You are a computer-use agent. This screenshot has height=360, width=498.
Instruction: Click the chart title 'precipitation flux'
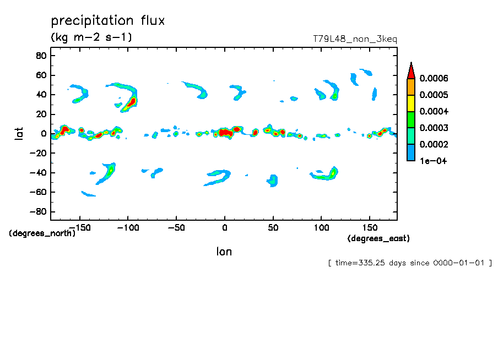(108, 21)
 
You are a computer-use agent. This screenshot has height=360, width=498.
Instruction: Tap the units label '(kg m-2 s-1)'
(91, 37)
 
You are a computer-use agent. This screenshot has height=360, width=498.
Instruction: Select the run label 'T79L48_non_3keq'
(355, 39)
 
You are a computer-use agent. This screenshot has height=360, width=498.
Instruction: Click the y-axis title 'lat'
(19, 133)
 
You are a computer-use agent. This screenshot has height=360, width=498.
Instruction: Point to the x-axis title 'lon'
(224, 252)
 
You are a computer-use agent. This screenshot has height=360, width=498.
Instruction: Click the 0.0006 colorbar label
(434, 79)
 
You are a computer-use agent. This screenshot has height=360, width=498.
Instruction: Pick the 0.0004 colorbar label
(434, 112)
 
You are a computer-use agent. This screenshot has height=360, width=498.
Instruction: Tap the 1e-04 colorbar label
(433, 161)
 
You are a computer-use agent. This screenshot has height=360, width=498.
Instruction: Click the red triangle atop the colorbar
(410, 71)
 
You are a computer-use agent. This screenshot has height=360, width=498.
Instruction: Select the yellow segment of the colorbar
(410, 103)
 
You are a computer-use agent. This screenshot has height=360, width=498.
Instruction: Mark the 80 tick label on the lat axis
(40, 56)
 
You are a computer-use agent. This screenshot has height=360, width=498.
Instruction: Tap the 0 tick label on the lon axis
(224, 227)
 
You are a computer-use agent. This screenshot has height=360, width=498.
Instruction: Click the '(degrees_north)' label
(42, 233)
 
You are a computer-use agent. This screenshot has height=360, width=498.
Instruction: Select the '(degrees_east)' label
(378, 238)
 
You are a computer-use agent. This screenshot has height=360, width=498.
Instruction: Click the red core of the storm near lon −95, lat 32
(131, 102)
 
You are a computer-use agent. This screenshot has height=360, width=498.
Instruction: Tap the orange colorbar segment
(410, 86)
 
